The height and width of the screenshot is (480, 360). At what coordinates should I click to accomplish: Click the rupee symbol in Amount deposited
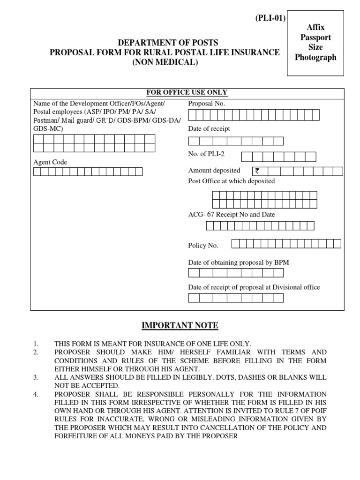(x=257, y=171)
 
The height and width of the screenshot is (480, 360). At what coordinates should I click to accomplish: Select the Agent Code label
(x=50, y=162)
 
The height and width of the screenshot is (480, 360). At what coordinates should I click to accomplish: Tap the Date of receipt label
(x=209, y=129)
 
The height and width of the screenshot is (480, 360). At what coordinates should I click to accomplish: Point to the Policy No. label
(x=203, y=245)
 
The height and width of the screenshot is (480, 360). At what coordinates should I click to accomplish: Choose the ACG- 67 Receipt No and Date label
(x=232, y=215)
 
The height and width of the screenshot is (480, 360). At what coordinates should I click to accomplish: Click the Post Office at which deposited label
(x=232, y=181)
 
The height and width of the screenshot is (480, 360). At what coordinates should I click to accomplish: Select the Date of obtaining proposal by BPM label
(x=238, y=262)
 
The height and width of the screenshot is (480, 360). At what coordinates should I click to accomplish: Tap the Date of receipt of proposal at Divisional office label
(x=254, y=287)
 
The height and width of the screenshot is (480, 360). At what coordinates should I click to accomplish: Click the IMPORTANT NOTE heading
(x=180, y=326)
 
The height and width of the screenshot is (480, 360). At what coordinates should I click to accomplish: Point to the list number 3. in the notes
(x=36, y=377)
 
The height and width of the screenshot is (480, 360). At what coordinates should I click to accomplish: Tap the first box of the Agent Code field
(x=37, y=172)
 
